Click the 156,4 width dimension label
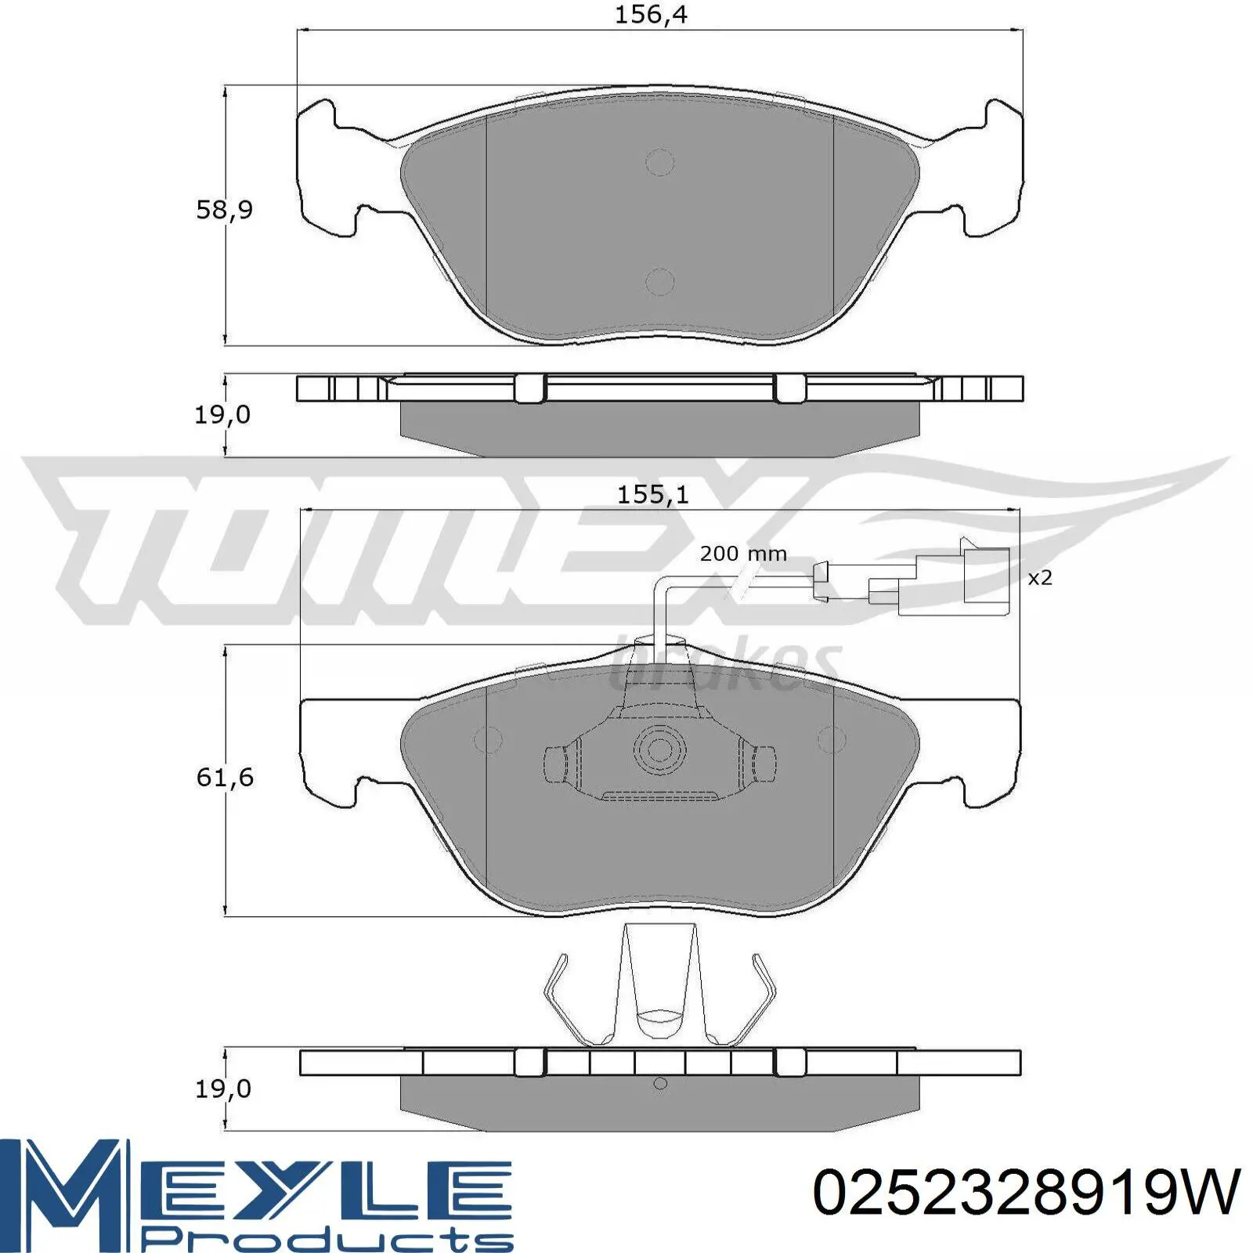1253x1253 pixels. pyautogui.click(x=650, y=15)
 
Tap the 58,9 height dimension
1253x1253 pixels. pyautogui.click(x=224, y=210)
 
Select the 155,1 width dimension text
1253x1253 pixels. pyautogui.click(x=652, y=495)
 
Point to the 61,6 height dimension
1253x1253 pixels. pyautogui.click(x=225, y=777)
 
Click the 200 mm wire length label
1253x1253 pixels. pyautogui.click(x=743, y=554)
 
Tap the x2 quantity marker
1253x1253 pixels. pyautogui.click(x=1039, y=578)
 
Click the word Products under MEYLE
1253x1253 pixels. pyautogui.click(x=330, y=1240)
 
